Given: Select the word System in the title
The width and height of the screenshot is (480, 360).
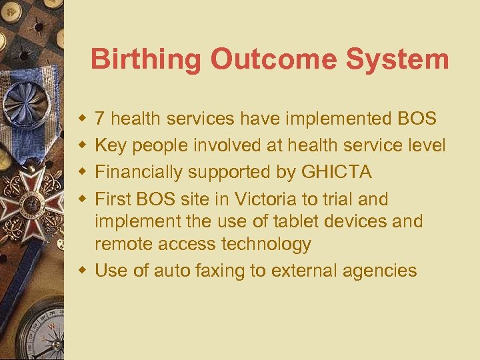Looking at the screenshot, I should coord(405,59).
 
